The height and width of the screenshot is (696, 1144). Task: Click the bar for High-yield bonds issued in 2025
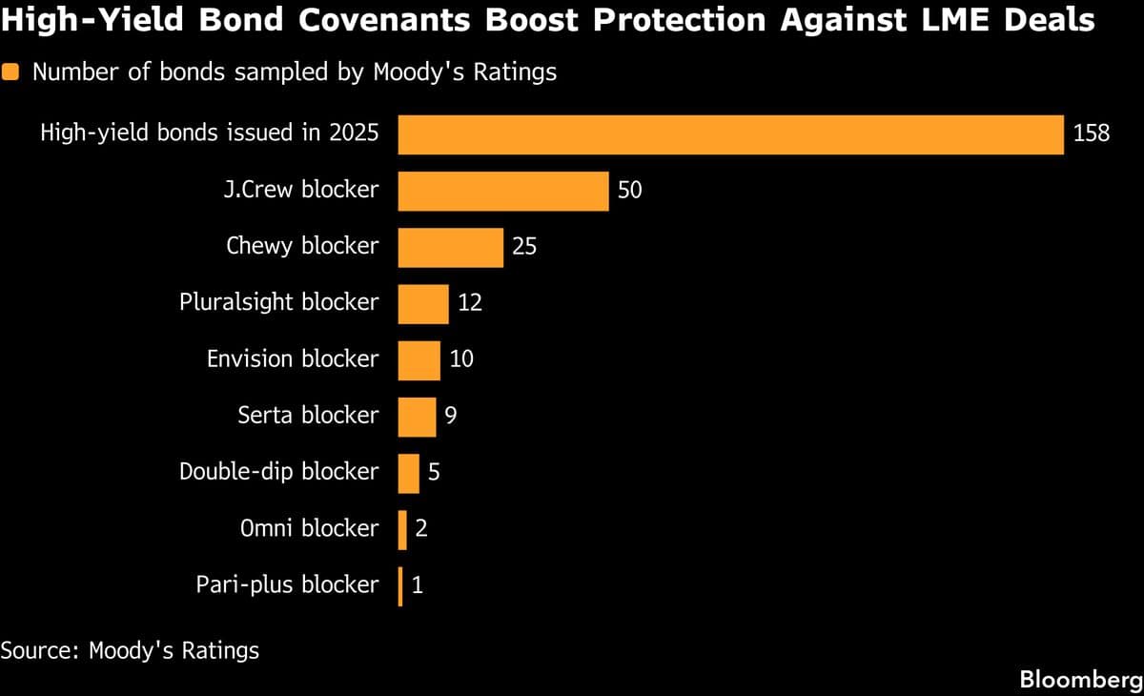point(730,134)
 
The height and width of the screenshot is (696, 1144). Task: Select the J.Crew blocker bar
point(502,191)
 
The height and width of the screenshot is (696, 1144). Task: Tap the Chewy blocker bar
point(450,247)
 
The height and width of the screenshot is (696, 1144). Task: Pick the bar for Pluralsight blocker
point(422,303)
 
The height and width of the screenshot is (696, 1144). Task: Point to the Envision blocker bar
point(419,359)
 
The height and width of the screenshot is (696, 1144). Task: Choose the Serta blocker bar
point(417,417)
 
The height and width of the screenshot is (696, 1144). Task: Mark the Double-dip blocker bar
point(408,473)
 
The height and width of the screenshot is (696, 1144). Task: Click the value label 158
point(1092,134)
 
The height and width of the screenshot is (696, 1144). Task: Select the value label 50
point(630,191)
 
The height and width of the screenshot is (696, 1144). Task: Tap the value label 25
point(524,247)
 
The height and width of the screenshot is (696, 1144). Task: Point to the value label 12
point(469,303)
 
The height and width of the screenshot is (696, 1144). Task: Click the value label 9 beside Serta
point(451,417)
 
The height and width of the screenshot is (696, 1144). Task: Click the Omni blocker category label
point(309,528)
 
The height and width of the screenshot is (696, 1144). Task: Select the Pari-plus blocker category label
point(287,584)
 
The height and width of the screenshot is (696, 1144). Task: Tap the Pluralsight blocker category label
point(278,303)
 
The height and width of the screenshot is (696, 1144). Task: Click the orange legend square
point(11,72)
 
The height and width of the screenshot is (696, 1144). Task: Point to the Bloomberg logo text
point(1080,680)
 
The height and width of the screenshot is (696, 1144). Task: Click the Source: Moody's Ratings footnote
point(130,651)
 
